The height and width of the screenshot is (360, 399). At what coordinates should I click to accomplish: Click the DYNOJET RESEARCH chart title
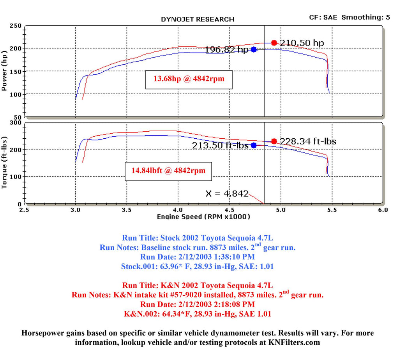click(198, 19)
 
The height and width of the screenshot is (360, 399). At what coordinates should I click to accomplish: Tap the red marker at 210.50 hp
click(274, 43)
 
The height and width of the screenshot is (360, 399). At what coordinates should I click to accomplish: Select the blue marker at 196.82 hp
click(254, 49)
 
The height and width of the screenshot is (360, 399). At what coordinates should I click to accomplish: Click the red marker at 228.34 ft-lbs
click(274, 141)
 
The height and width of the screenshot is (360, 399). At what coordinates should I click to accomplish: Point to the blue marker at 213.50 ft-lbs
click(254, 145)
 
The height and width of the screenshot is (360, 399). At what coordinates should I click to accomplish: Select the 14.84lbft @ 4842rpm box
click(168, 171)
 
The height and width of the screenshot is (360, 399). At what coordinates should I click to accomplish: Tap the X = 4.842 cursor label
click(227, 194)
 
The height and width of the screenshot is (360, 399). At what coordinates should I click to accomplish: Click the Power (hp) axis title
click(5, 71)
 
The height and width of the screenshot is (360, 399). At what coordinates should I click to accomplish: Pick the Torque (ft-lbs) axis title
click(5, 162)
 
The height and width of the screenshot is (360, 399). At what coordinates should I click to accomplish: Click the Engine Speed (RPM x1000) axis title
click(203, 217)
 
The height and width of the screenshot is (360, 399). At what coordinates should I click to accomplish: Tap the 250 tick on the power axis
click(16, 26)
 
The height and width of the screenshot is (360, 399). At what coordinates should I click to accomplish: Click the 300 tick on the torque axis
click(16, 123)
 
